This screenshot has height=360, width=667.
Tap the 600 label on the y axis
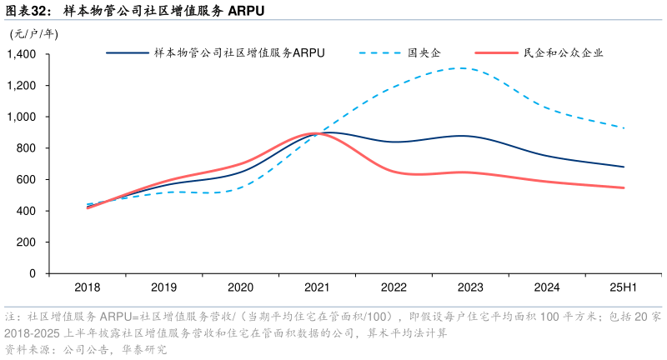pos(27,179)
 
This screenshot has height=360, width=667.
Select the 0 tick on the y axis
pos(33,273)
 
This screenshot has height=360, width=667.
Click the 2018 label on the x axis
pos(88,287)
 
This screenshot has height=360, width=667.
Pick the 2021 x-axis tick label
pos(317,287)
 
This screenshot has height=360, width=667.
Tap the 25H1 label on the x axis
pos(624,287)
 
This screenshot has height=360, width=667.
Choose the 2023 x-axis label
pos(470,287)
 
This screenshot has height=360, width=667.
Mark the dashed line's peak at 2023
pos(461,68)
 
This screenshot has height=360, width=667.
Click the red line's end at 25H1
pos(624,187)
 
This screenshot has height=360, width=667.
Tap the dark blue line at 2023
pos(470,136)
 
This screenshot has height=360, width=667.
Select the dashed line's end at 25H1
pos(624,128)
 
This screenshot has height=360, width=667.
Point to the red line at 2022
pos(394,172)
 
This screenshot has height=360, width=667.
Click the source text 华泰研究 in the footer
pos(143,350)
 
